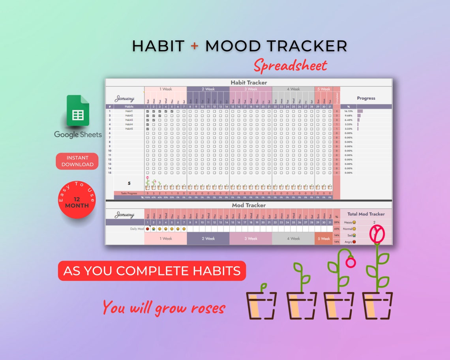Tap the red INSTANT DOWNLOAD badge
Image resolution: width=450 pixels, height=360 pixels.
click(x=77, y=161)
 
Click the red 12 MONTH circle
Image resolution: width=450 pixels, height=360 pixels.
click(x=77, y=200)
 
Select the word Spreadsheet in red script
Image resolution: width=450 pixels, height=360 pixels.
click(x=291, y=65)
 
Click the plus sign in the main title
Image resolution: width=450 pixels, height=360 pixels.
click(x=194, y=46)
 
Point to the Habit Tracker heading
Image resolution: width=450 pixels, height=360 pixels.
click(x=249, y=82)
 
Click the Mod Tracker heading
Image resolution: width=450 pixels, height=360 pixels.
click(x=249, y=205)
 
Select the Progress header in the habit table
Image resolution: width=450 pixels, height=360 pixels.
click(x=366, y=98)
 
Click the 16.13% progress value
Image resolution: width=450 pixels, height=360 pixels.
click(x=348, y=111)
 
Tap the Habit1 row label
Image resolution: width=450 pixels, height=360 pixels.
click(x=129, y=111)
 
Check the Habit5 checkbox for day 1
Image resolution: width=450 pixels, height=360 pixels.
click(x=147, y=129)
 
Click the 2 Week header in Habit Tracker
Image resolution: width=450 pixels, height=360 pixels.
click(x=208, y=89)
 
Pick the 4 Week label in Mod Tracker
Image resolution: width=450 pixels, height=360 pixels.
click(x=293, y=238)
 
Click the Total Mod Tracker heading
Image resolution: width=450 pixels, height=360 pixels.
click(x=366, y=214)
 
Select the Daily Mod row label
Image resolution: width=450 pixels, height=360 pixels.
click(x=137, y=229)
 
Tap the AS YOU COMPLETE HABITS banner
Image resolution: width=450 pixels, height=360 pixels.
click(x=152, y=271)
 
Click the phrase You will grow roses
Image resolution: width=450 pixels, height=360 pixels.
click(x=164, y=307)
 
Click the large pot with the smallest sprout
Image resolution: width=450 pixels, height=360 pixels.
click(x=261, y=305)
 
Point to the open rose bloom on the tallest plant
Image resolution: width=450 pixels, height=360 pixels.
click(x=377, y=233)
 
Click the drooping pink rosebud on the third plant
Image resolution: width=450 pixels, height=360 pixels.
click(x=351, y=262)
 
